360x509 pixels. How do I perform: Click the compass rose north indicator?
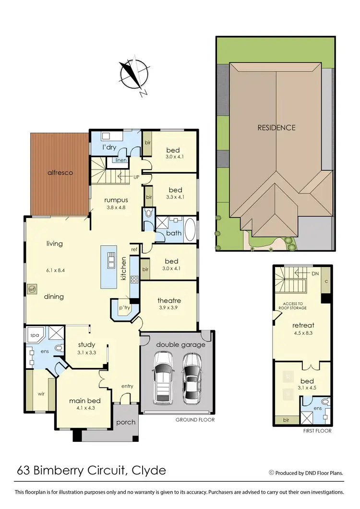(x=133, y=76)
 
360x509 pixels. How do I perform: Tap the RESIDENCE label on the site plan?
(x=276, y=127)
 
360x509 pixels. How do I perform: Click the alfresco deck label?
(x=60, y=172)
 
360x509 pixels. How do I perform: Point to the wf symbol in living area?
(x=32, y=289)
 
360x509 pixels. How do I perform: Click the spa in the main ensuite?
(x=34, y=333)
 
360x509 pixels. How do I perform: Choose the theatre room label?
(x=169, y=301)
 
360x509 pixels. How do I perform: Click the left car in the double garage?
(x=162, y=377)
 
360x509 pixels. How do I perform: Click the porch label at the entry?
(x=126, y=422)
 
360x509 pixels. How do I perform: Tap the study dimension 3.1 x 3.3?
(x=86, y=352)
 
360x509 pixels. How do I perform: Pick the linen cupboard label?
(x=120, y=160)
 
